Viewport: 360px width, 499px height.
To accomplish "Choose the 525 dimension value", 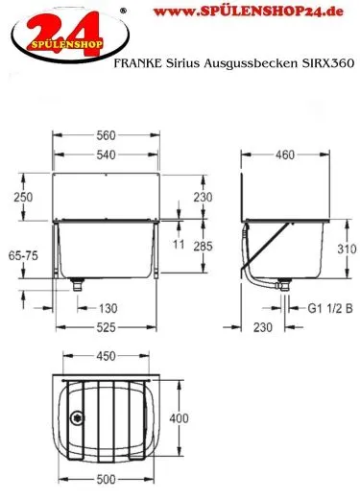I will point(107,327).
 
